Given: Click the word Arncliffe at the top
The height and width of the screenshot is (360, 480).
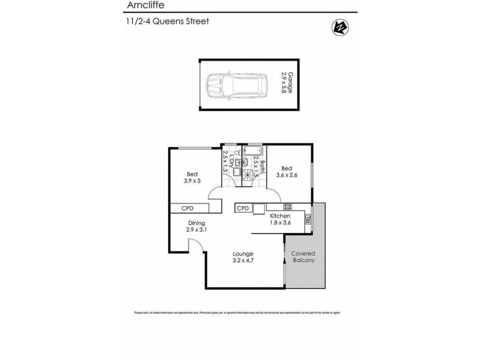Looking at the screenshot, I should click(x=144, y=6).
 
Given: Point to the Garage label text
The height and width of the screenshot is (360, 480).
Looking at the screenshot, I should click(x=290, y=82).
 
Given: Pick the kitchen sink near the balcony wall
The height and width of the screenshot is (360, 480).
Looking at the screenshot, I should click(x=307, y=220).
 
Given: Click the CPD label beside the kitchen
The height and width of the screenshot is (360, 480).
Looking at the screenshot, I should click(x=242, y=208).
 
